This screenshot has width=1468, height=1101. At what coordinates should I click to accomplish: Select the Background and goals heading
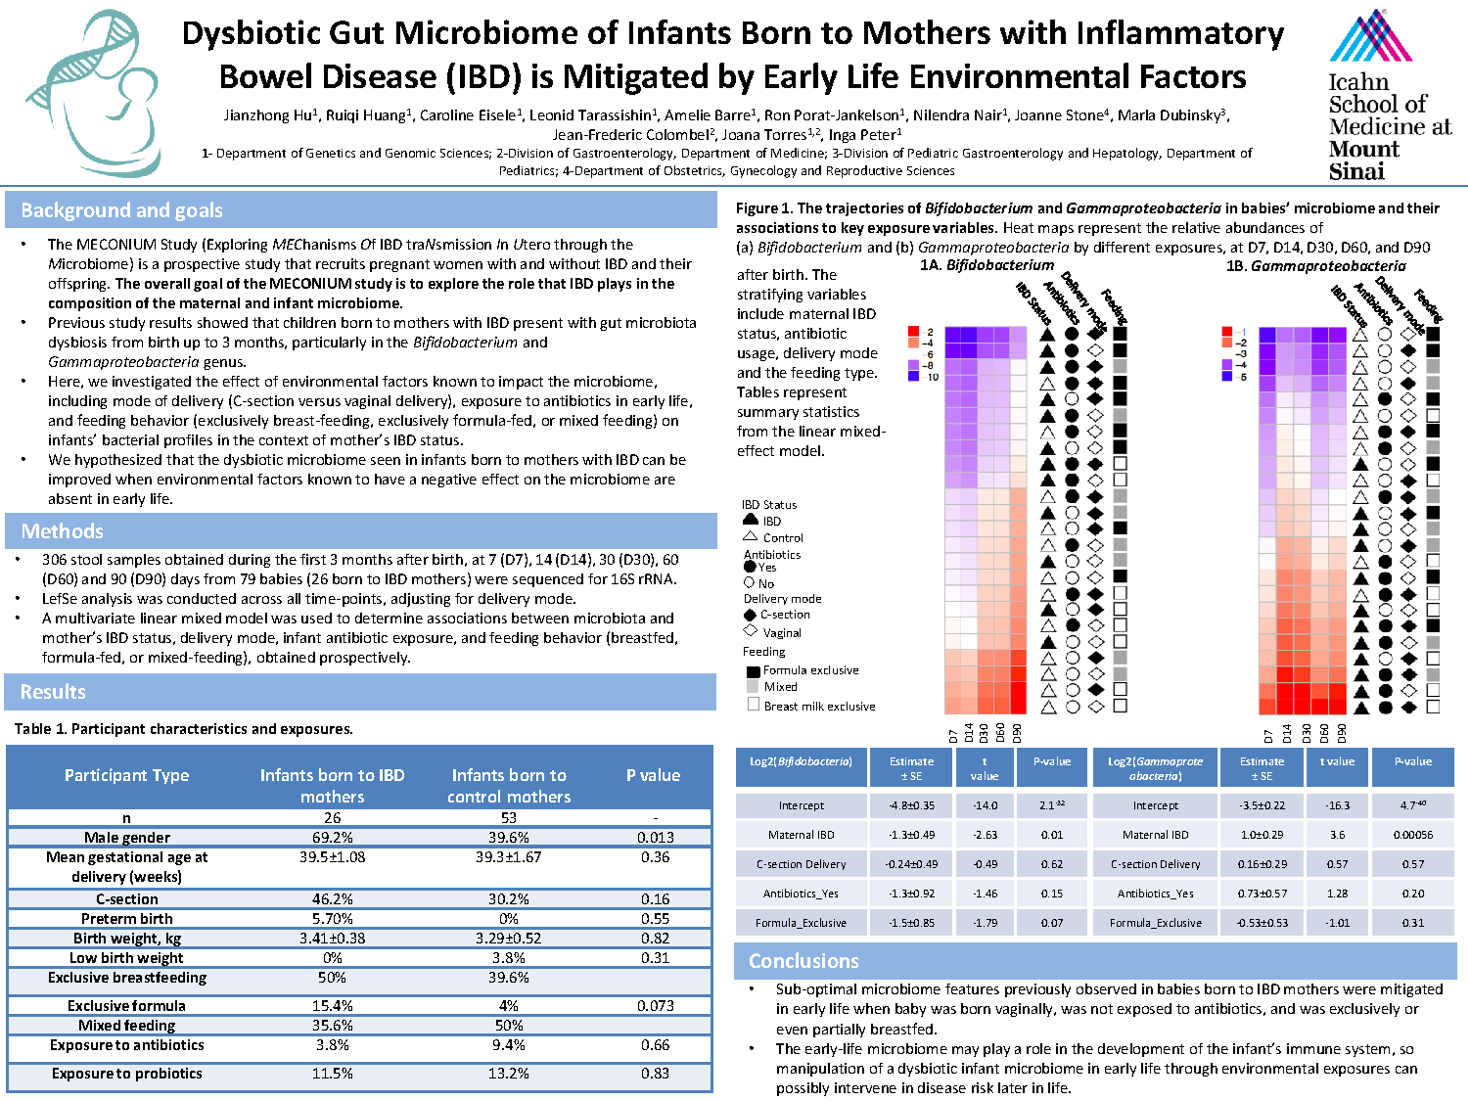click(x=122, y=210)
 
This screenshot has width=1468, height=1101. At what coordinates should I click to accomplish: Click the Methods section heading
click(x=63, y=531)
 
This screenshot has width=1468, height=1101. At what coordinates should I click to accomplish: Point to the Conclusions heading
click(x=803, y=961)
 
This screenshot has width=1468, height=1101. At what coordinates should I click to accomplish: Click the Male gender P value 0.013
click(x=655, y=838)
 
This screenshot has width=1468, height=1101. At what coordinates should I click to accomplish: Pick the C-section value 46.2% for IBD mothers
click(x=332, y=898)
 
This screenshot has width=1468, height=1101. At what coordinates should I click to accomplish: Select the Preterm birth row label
click(x=127, y=919)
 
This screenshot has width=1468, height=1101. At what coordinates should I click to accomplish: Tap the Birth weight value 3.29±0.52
click(x=508, y=938)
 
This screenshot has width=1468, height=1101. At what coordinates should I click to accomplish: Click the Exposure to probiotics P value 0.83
click(x=655, y=1074)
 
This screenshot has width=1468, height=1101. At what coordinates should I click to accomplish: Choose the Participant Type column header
click(x=127, y=775)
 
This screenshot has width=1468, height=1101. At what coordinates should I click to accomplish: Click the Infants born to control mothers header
click(x=508, y=785)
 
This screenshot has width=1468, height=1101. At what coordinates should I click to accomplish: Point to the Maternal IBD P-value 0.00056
click(x=1413, y=835)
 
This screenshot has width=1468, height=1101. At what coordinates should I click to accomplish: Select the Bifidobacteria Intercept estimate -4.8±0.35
click(x=911, y=805)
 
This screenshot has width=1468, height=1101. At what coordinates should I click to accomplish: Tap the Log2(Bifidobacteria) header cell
click(x=801, y=761)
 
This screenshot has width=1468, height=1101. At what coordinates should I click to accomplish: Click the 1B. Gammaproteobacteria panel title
click(x=1315, y=266)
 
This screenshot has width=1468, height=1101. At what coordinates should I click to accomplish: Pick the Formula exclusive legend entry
click(x=810, y=670)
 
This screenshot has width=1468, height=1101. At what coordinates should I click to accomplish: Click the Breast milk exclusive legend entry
click(x=819, y=706)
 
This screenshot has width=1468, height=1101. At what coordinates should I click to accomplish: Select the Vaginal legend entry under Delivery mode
click(x=782, y=633)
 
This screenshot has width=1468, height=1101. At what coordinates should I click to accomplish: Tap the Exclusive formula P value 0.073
click(x=655, y=1005)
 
